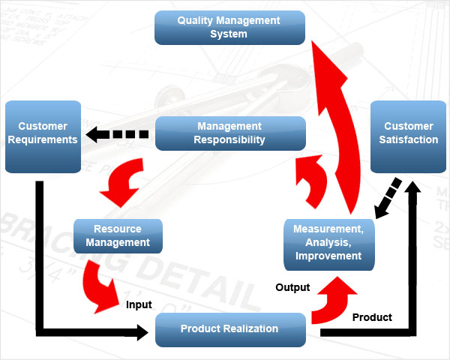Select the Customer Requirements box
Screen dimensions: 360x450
tap(42, 136)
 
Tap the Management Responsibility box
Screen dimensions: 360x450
tap(229, 133)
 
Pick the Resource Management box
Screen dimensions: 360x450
tap(118, 235)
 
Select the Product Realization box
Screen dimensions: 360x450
tap(229, 329)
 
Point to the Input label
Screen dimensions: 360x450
tap(139, 304)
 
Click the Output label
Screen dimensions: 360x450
tap(292, 287)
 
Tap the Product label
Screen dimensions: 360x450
tap(372, 317)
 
